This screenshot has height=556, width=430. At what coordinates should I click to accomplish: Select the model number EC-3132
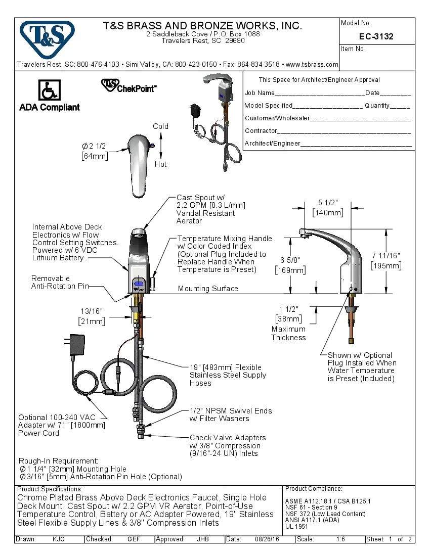376,36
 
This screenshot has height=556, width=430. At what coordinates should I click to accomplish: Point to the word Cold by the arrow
160,126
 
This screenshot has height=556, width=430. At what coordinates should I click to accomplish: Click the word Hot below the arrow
160,164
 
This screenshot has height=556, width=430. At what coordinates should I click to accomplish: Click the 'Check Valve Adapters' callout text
227,438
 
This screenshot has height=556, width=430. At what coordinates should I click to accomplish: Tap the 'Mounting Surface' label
208,289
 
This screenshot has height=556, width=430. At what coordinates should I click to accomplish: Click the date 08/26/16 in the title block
268,539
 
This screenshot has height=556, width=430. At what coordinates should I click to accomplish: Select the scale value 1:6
340,539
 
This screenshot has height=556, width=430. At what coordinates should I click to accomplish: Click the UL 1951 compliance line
296,526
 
